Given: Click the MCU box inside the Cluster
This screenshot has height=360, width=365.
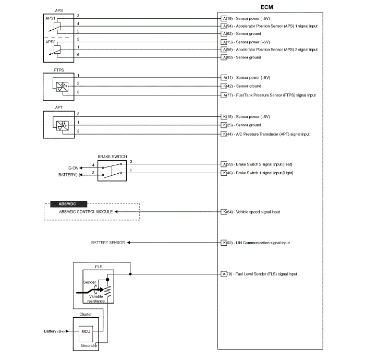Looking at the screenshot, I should coord(86,331).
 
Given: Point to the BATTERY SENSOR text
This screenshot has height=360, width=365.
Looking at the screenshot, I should coord(108,243).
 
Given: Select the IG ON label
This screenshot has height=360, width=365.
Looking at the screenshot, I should coord(72,167).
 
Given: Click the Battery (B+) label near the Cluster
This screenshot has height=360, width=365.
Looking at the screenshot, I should coord(54,331).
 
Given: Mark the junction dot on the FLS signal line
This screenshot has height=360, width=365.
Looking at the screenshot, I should coord(130,274).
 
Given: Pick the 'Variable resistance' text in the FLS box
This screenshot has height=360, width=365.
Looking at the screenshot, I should coord(96,298).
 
